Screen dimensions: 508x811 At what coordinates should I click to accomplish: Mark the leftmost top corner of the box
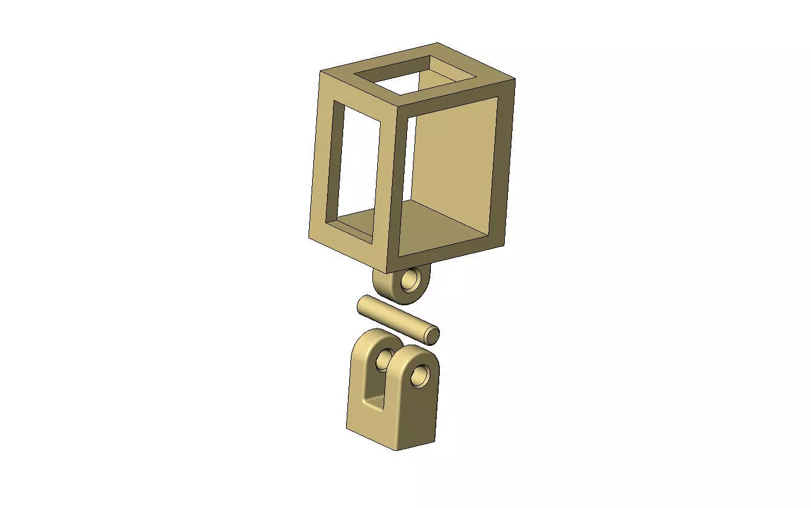coord(320,72)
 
